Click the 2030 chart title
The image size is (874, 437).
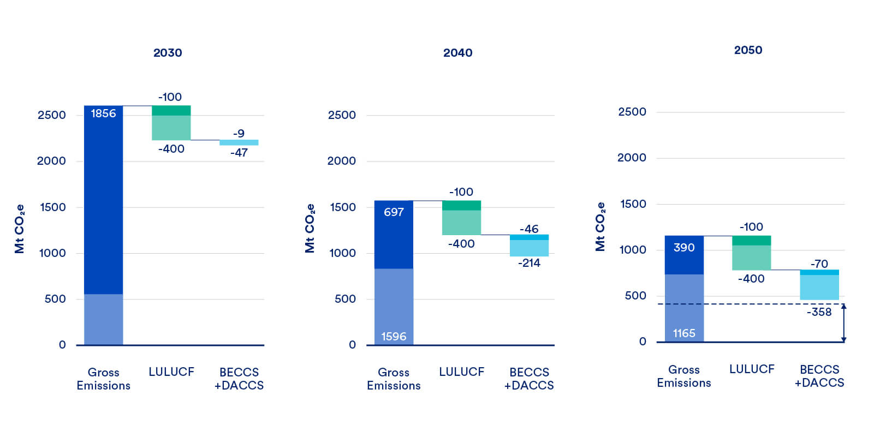point(168,53)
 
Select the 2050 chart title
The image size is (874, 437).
point(748,50)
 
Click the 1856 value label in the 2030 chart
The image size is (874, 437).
point(103,113)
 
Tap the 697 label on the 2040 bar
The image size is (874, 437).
point(394,212)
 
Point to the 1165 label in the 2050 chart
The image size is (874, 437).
point(684,333)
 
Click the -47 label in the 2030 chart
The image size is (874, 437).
point(239,153)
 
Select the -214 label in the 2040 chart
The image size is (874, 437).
point(529,263)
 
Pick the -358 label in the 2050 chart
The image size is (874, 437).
point(819,312)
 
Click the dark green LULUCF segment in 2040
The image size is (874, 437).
point(461,206)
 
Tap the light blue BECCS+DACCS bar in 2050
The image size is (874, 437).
point(819,287)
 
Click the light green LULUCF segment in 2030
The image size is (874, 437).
point(171,128)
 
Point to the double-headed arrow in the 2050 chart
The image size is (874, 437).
point(843,323)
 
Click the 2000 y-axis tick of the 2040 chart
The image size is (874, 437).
point(341,161)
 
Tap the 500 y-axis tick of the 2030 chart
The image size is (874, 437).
point(55,299)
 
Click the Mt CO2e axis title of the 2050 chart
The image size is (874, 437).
point(600,227)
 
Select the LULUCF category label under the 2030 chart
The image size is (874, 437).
point(171,372)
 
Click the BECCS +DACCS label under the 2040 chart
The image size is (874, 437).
point(529,379)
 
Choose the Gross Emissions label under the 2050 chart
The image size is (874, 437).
point(684,376)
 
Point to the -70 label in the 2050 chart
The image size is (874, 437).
point(819,264)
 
